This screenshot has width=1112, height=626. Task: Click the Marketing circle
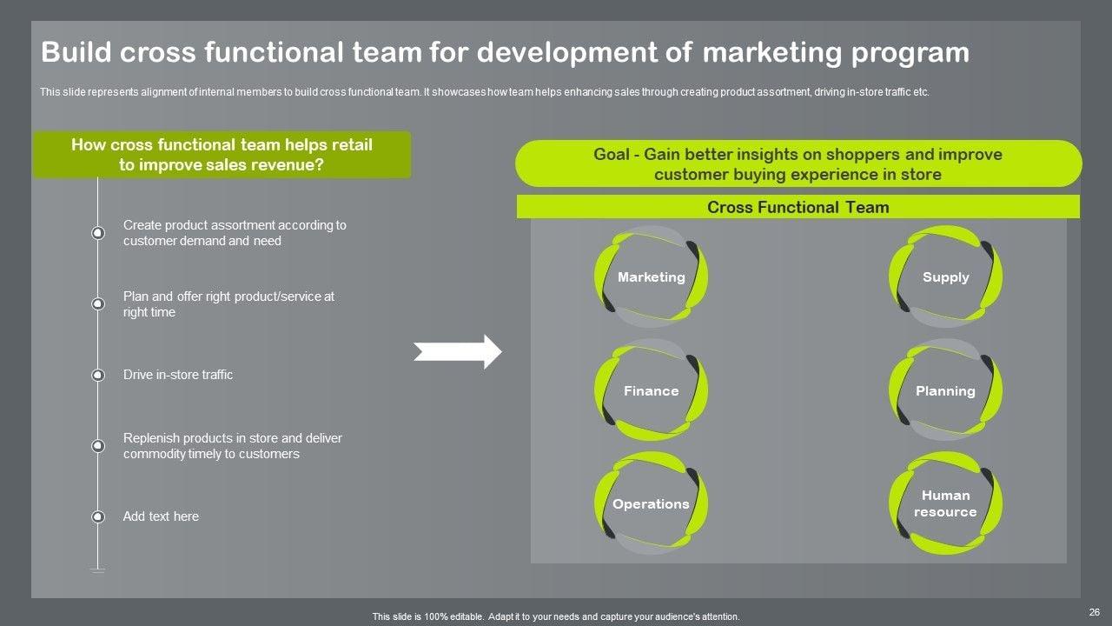pos(651,276)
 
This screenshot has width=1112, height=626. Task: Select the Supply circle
pos(945,276)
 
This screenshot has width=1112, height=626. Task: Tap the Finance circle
pos(651,390)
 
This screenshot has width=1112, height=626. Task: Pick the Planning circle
pos(945,390)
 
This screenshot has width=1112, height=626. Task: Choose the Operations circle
pos(651,503)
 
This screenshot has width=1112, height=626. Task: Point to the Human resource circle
pos(945,503)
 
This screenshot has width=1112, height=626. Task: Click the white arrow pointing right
pos(458,352)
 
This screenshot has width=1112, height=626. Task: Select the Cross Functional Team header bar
pos(798,207)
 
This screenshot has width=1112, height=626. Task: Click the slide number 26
pos(1093,612)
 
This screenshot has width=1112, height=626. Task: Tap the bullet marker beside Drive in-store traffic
pos(98,375)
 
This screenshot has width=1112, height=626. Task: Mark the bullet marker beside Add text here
pos(98,516)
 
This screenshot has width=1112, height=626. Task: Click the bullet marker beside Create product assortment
pos(98,233)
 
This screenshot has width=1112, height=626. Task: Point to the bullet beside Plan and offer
pos(98,304)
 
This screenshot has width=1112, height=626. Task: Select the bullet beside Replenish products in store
pos(98,446)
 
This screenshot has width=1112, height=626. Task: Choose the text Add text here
pos(161,516)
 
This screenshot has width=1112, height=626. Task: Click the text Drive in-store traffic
pos(178,375)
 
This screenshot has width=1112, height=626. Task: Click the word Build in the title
pos(73,52)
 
